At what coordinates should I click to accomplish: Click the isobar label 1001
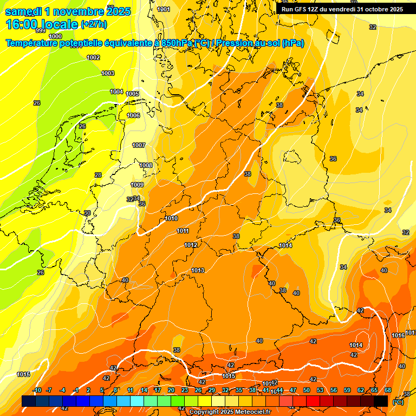click(163, 9)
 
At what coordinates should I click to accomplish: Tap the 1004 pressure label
click(116, 92)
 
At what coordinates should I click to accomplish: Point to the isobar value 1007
click(139, 145)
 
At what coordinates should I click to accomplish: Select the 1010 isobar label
click(171, 218)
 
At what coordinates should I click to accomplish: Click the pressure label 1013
click(198, 270)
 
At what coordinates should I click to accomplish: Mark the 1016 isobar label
click(398, 335)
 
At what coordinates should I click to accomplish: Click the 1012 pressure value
click(191, 245)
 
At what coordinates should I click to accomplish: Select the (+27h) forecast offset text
click(94, 25)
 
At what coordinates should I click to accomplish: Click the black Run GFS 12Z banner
click(342, 9)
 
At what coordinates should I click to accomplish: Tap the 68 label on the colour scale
click(388, 390)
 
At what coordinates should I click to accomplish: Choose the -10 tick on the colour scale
click(37, 390)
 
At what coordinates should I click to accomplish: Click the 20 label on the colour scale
click(171, 390)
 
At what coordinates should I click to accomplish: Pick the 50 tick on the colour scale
click(307, 390)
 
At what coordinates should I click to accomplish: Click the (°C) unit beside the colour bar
click(398, 401)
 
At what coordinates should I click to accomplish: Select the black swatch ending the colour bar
click(381, 401)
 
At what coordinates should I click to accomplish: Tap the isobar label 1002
click(93, 57)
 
